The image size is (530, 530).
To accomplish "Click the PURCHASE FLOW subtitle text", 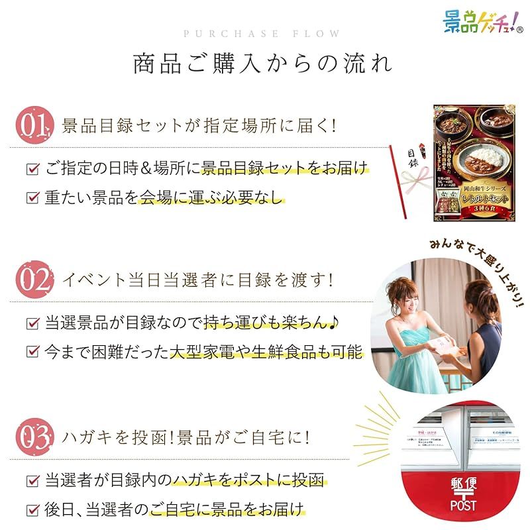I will [262, 34].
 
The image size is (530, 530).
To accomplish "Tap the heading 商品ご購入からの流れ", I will [262, 64].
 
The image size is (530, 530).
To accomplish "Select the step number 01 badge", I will [34, 125].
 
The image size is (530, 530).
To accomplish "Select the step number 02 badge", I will [34, 280].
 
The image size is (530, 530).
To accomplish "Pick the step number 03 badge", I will [34, 437].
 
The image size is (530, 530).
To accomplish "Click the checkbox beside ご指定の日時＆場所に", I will [32, 169].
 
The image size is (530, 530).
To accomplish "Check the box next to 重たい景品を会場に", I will [32, 197].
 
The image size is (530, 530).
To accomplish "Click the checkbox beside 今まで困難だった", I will [32, 352].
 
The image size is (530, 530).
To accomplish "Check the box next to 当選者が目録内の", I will [32, 480].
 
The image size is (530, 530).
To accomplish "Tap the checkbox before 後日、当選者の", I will [32, 509].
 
